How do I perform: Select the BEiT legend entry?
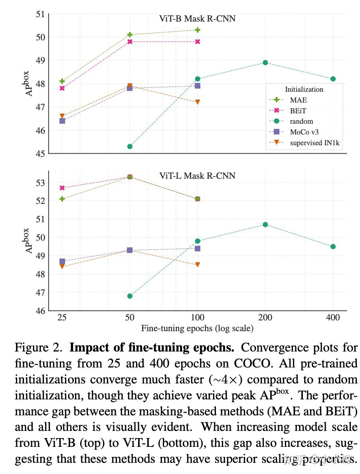click(x=299, y=111)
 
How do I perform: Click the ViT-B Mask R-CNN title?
click(x=197, y=18)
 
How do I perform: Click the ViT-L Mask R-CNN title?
click(x=197, y=176)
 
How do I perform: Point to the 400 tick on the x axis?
click(x=333, y=318)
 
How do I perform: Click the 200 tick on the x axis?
click(x=265, y=318)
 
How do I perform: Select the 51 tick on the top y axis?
click(x=40, y=14)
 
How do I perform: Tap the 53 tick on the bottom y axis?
click(x=40, y=183)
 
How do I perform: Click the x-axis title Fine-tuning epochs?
click(x=197, y=329)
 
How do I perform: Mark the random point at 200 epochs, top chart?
click(x=265, y=63)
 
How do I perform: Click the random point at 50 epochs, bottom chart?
click(x=130, y=296)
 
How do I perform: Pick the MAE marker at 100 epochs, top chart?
click(x=197, y=30)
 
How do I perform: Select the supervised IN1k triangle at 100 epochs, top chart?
click(x=197, y=102)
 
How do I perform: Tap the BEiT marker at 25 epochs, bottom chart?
click(x=62, y=188)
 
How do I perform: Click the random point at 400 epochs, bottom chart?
click(x=333, y=247)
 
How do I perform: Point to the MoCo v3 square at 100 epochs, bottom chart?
click(x=197, y=249)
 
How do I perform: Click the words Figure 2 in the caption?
click(x=38, y=348)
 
